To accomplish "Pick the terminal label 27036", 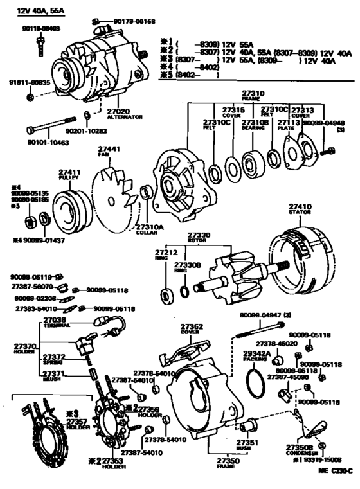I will (x=55, y=319).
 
